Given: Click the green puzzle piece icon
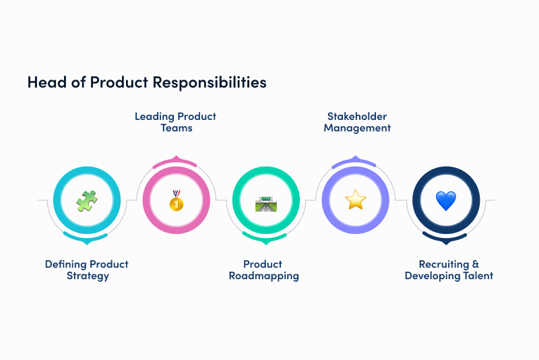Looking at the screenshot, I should click(x=86, y=200).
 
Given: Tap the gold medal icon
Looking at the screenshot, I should click(x=176, y=200).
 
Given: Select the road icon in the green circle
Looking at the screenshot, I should click(x=265, y=201).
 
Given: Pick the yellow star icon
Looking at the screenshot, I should click(x=355, y=200).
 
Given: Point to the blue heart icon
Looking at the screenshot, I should click(x=445, y=200).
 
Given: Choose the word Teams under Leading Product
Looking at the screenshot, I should click(x=176, y=127).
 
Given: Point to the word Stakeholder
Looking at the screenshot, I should click(x=357, y=116).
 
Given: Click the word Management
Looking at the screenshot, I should click(x=357, y=127).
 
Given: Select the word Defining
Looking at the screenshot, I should click(x=66, y=264).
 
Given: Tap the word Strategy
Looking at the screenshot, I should click(x=87, y=276).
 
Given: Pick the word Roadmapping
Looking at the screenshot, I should click(x=263, y=276).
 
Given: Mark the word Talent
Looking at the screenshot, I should click(x=477, y=276).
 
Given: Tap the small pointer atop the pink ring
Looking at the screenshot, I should click(x=176, y=158).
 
